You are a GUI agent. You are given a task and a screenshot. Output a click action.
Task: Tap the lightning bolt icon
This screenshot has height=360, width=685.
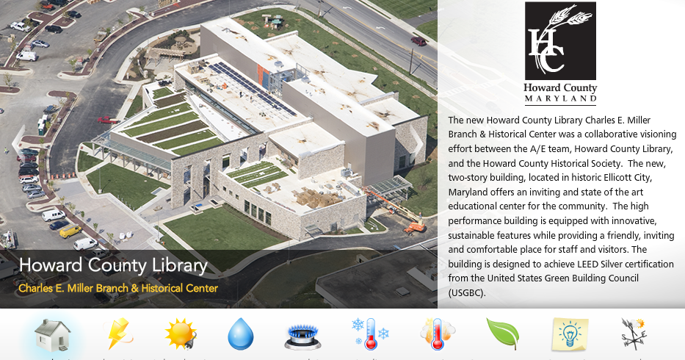pyautogui.click(x=118, y=334)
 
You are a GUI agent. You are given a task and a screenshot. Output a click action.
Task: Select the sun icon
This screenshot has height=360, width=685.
pyautogui.click(x=181, y=334)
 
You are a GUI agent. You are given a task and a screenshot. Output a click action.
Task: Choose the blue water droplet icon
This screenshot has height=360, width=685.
pyautogui.click(x=240, y=334)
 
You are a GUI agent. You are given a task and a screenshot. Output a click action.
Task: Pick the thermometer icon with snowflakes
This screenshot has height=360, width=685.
pyautogui.click(x=369, y=334)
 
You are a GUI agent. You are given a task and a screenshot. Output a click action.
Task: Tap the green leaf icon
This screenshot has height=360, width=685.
pyautogui.click(x=503, y=334)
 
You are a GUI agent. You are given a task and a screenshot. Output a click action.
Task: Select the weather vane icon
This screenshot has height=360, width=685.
pyautogui.click(x=634, y=334)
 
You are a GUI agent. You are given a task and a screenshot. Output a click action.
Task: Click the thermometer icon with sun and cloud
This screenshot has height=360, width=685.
pyautogui.click(x=436, y=334)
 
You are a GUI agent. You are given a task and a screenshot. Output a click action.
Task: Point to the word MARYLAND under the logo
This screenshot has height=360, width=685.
pyautogui.click(x=560, y=98)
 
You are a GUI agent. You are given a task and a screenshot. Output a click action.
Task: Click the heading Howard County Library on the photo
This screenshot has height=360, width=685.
pyautogui.click(x=113, y=265)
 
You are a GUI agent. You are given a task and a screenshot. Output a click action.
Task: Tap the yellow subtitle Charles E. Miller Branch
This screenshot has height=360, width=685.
pyautogui.click(x=118, y=288)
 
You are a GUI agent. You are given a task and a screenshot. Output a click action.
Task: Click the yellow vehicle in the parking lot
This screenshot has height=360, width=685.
pyautogui.click(x=70, y=231)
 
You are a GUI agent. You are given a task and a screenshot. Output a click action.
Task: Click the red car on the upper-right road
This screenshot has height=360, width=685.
pyautogui.click(x=418, y=41)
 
